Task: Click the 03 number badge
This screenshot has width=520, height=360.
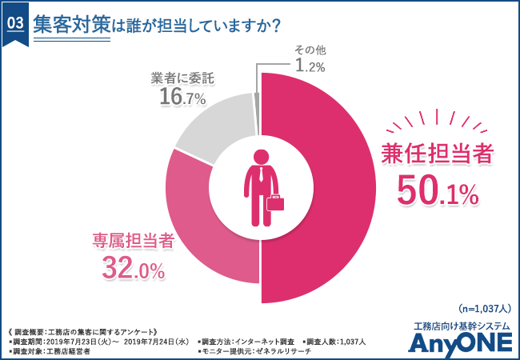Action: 14,23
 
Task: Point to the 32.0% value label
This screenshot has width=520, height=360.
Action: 133,267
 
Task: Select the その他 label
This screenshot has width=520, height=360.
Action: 309,50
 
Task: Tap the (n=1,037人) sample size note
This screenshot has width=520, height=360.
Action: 479,309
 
